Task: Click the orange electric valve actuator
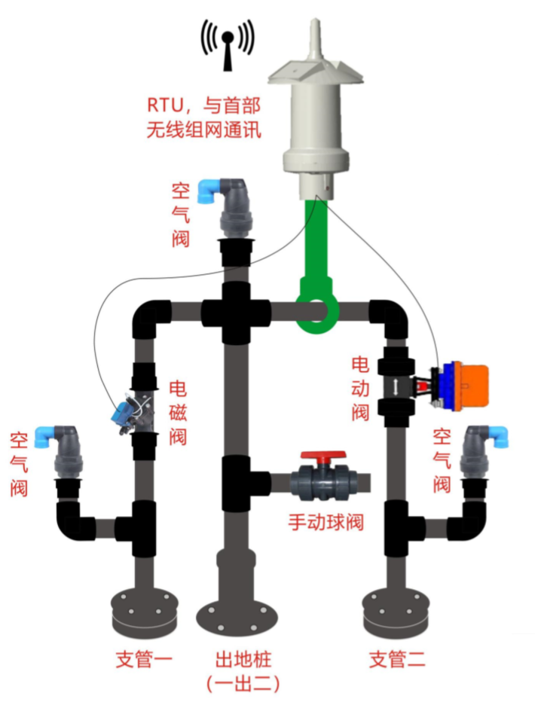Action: pos(466,386)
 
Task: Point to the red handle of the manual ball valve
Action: pos(323,457)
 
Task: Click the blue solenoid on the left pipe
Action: pos(121,411)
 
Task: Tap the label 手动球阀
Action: pos(326,521)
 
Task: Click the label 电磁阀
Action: pos(178,412)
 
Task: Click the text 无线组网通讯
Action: pos(204,129)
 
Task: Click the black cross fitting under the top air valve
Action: pos(236,311)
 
